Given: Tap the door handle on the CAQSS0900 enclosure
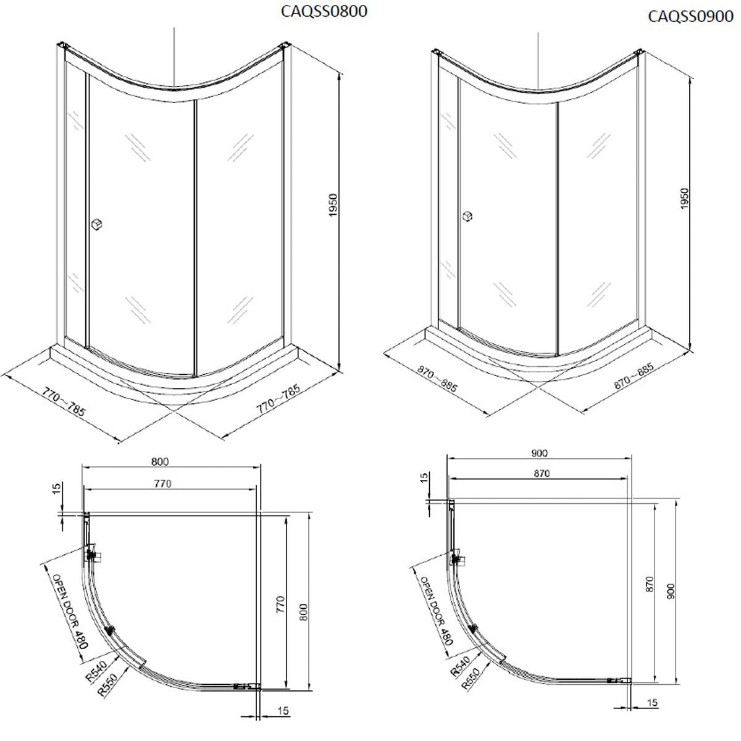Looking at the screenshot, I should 468,216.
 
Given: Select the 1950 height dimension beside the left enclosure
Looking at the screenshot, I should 334,205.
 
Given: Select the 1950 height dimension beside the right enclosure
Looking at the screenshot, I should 684,198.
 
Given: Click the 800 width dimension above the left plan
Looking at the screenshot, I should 159,461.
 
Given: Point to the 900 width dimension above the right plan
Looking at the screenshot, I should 538,453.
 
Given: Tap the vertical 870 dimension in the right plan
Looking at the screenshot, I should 649,585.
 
